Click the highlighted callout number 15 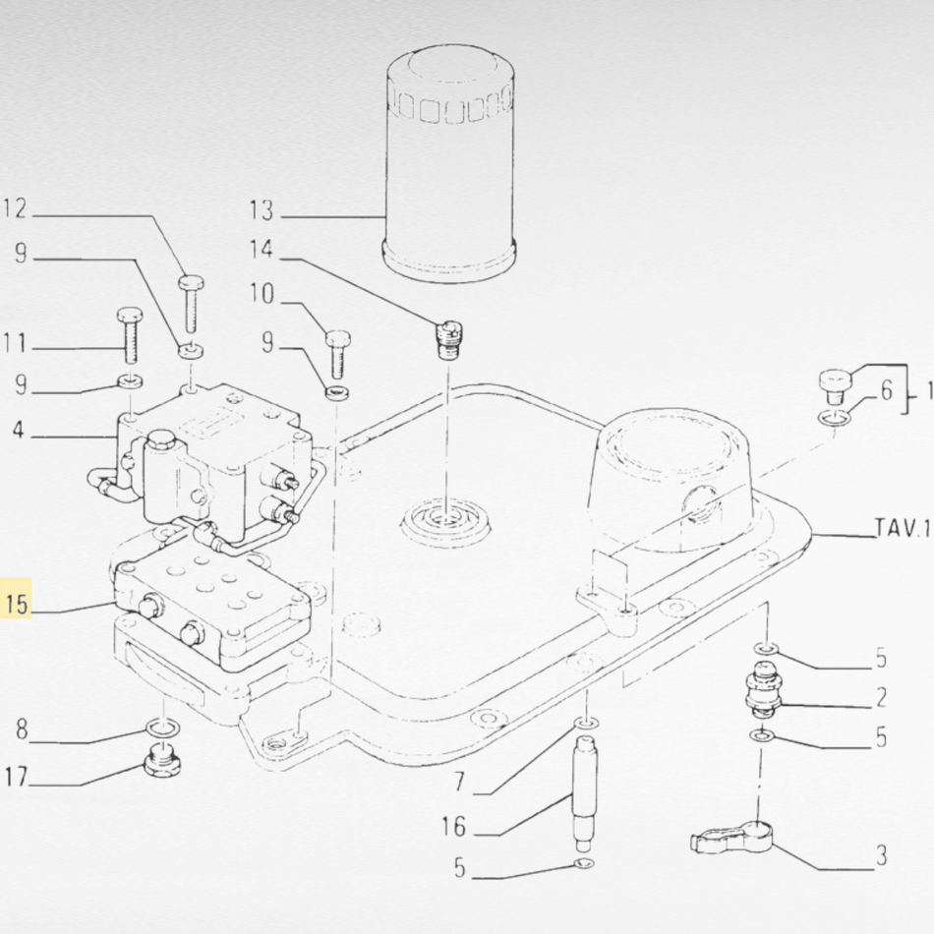point(18,603)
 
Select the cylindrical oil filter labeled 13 point(448,167)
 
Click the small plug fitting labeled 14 point(447,340)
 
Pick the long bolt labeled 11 point(130,336)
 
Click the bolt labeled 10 point(337,354)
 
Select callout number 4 point(19,430)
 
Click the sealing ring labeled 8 point(160,728)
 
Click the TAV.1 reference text point(901,531)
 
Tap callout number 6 point(885,391)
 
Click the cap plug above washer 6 point(836,382)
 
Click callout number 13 point(261,210)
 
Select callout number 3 point(880,854)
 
